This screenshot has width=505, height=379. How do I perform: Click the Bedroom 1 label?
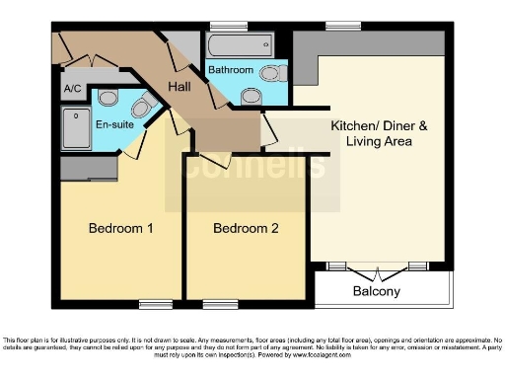[120, 229]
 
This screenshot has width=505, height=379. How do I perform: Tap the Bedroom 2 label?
[246, 229]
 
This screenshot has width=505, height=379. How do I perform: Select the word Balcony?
[377, 291]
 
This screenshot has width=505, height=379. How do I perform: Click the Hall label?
[179, 88]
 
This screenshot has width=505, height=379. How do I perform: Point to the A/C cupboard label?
[72, 89]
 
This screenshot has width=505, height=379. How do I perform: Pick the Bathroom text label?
[230, 70]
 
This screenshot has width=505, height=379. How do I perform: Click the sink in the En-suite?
[141, 106]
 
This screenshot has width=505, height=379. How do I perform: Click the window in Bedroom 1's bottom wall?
[155, 303]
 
